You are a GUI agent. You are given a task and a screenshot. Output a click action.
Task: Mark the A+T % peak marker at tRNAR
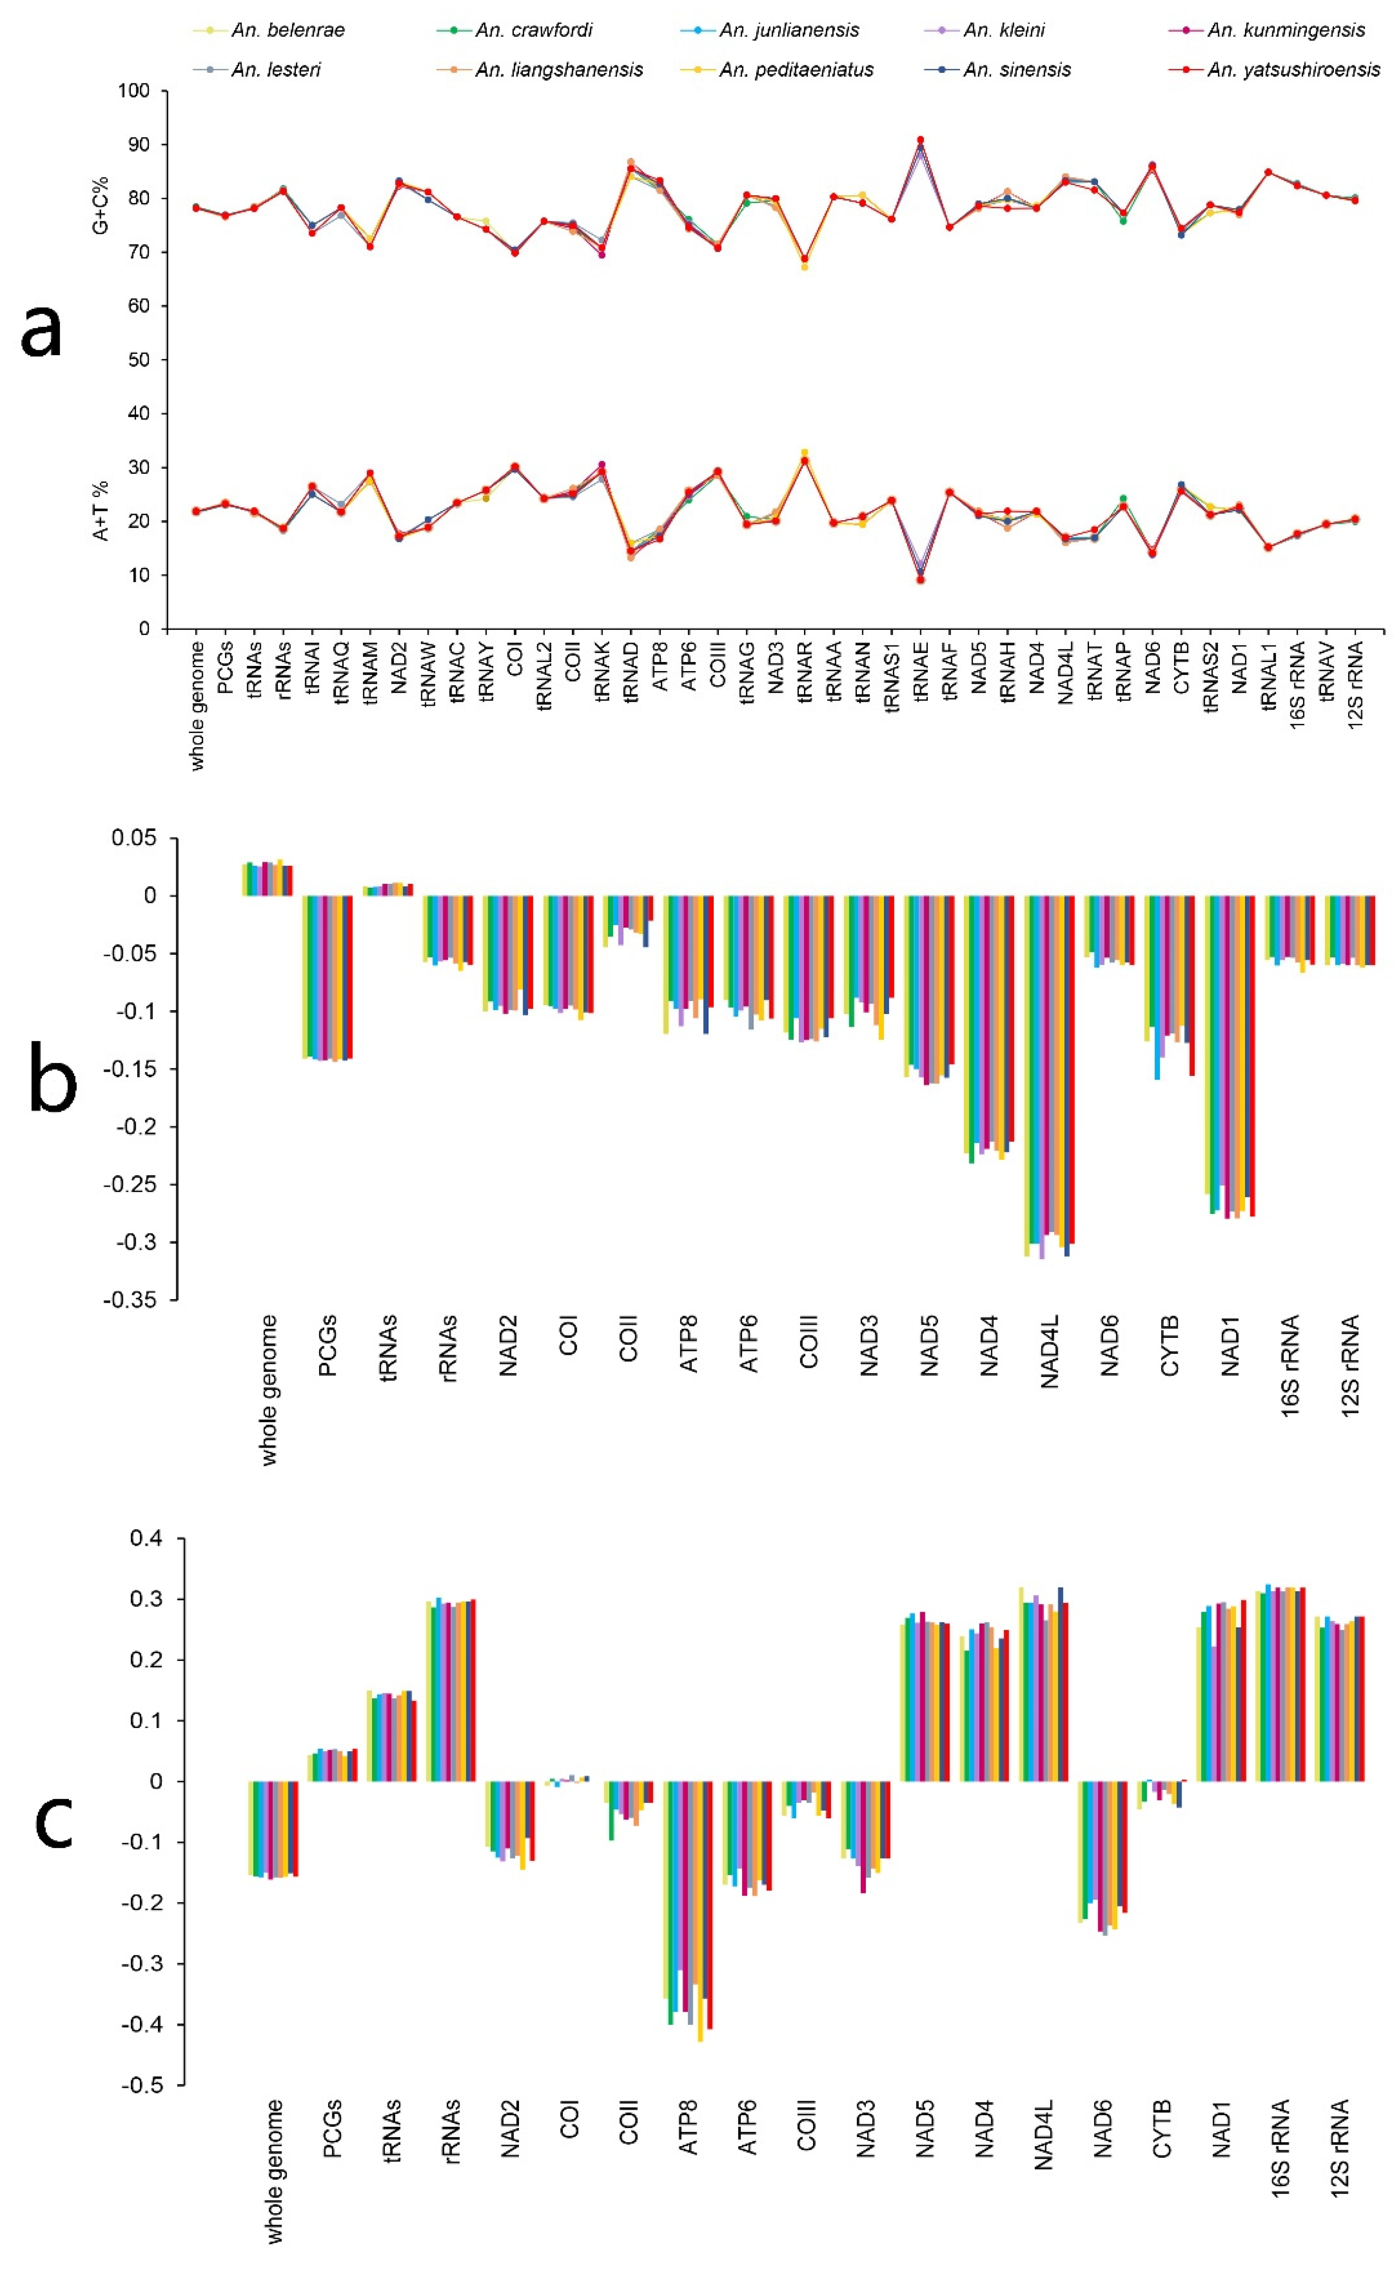pos(804,453)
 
